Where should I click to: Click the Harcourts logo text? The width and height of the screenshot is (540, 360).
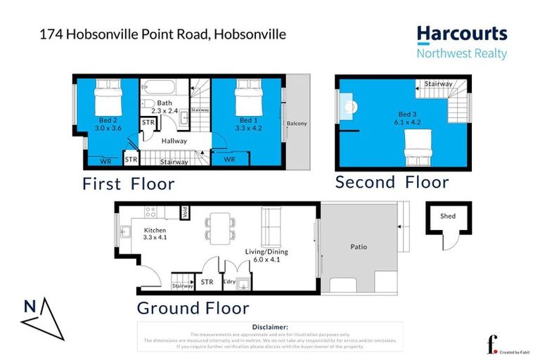pyautogui.click(x=461, y=34)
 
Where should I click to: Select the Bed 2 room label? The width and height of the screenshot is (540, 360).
pyautogui.click(x=107, y=124)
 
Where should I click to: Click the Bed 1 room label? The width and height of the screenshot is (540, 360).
pyautogui.click(x=244, y=124)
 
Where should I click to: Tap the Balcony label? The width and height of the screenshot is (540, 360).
pyautogui.click(x=297, y=124)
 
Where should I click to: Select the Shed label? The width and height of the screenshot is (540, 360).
pyautogui.click(x=447, y=217)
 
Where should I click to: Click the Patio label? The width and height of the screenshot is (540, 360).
pyautogui.click(x=359, y=247)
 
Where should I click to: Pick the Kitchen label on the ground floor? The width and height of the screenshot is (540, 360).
pyautogui.click(x=155, y=234)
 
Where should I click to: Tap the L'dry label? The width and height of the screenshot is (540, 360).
pyautogui.click(x=229, y=282)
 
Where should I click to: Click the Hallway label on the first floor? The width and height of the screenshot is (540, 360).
pyautogui.click(x=174, y=141)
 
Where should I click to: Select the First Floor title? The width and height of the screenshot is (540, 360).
pyautogui.click(x=128, y=184)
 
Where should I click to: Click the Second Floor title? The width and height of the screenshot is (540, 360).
pyautogui.click(x=392, y=183)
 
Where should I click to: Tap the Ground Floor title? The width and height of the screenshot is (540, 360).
pyautogui.click(x=193, y=308)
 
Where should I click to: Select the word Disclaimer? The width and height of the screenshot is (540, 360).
pyautogui.click(x=269, y=327)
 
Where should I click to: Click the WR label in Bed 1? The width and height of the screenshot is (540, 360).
pyautogui.click(x=229, y=160)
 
